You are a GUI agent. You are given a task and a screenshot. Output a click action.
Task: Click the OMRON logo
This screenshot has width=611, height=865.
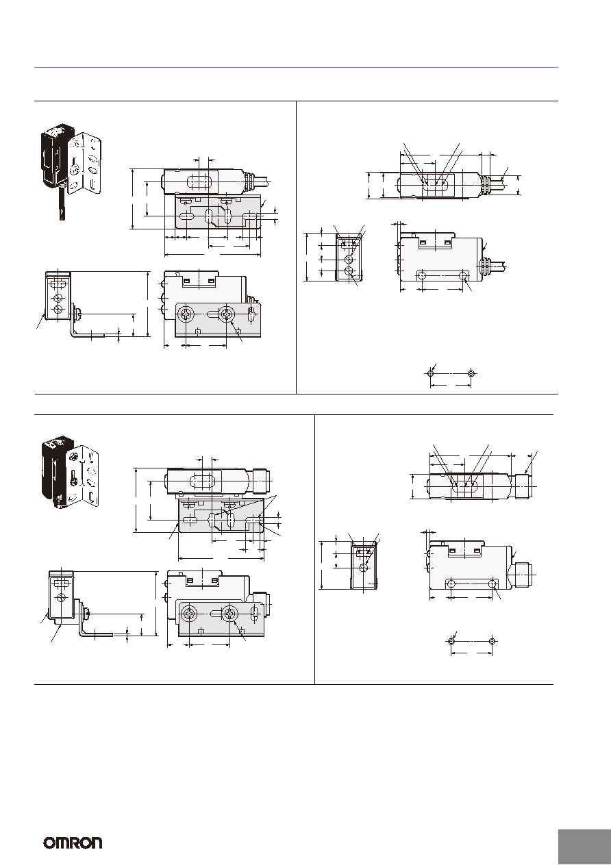(73, 842)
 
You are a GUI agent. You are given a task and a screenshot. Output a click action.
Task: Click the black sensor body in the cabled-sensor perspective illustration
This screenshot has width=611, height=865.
(53, 158)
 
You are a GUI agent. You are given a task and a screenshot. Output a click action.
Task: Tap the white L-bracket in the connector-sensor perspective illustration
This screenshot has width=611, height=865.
(83, 476)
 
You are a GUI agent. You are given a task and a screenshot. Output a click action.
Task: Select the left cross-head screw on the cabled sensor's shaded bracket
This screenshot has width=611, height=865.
(186, 315)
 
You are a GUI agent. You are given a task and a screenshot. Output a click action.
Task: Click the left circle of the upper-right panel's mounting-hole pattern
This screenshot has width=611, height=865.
(431, 373)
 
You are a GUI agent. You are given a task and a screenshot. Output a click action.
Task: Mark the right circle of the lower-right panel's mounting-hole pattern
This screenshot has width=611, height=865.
(492, 642)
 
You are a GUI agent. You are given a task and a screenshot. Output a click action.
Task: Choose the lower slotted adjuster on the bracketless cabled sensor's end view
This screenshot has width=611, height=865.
(349, 271)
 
